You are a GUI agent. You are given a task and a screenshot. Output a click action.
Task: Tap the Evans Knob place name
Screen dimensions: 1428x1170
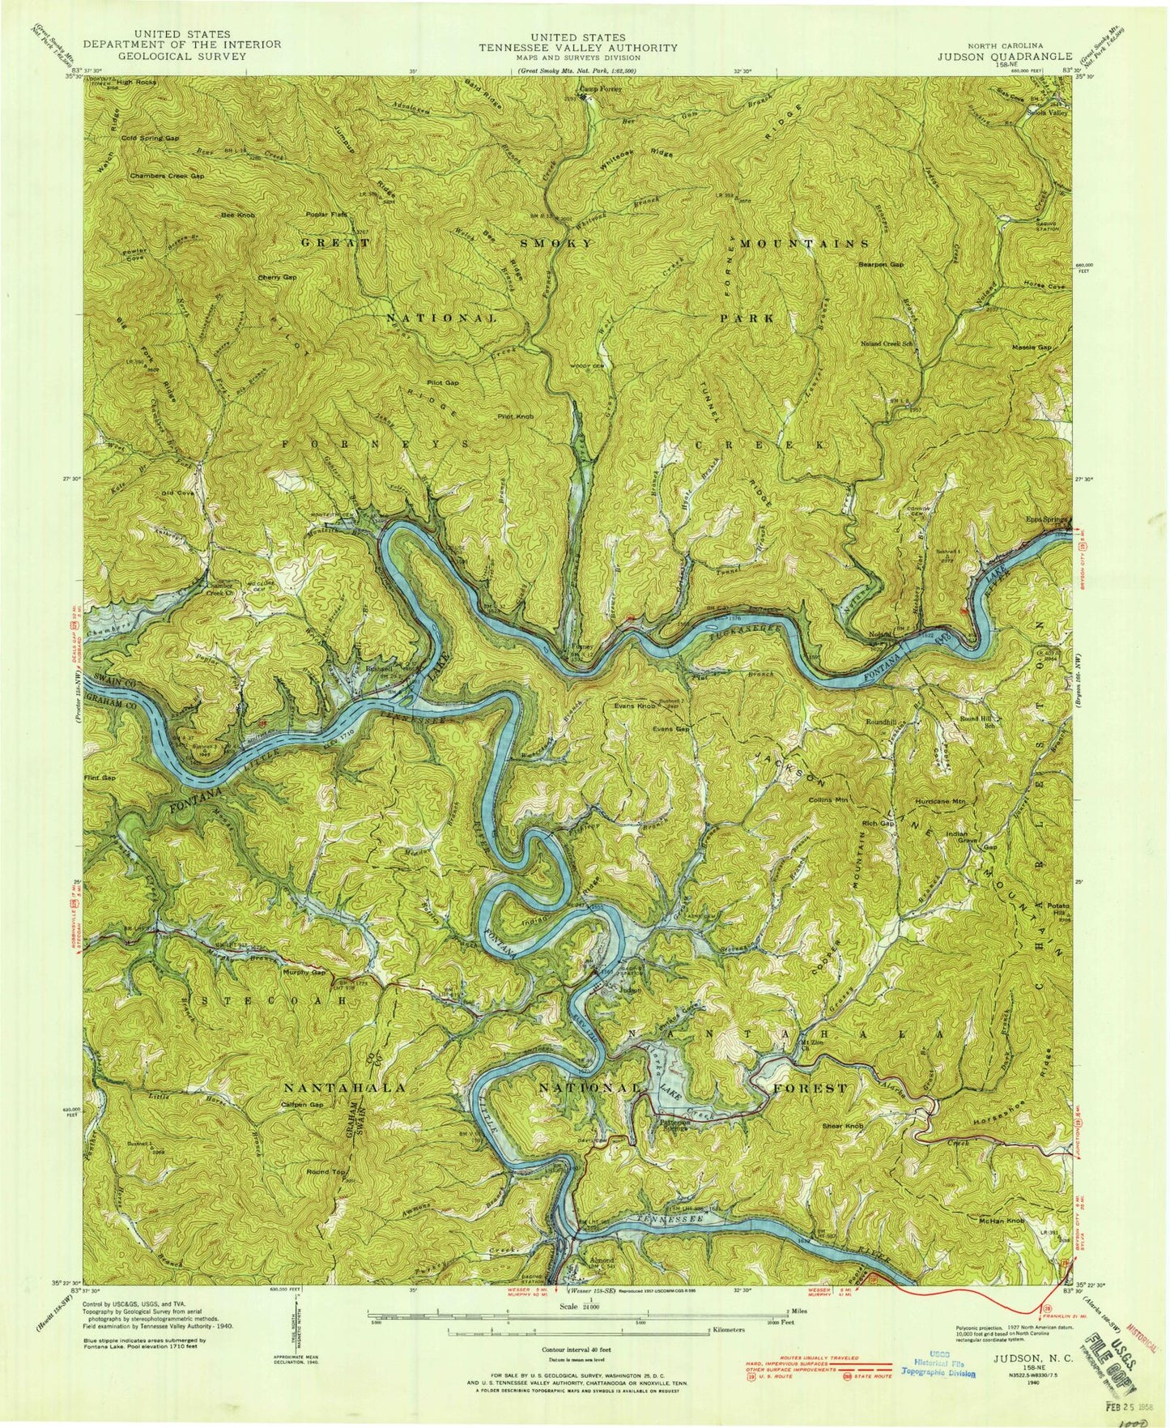pyautogui.click(x=635, y=706)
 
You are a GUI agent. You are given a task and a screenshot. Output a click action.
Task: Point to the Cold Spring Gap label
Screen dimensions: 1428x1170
pyautogui.click(x=151, y=139)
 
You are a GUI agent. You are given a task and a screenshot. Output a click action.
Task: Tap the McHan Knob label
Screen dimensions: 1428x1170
pyautogui.click(x=1002, y=1221)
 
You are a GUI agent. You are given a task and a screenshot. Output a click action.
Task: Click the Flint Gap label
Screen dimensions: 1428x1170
pyautogui.click(x=100, y=777)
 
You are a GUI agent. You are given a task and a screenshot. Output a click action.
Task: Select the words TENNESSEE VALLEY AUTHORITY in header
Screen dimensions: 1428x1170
pyautogui.click(x=577, y=48)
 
